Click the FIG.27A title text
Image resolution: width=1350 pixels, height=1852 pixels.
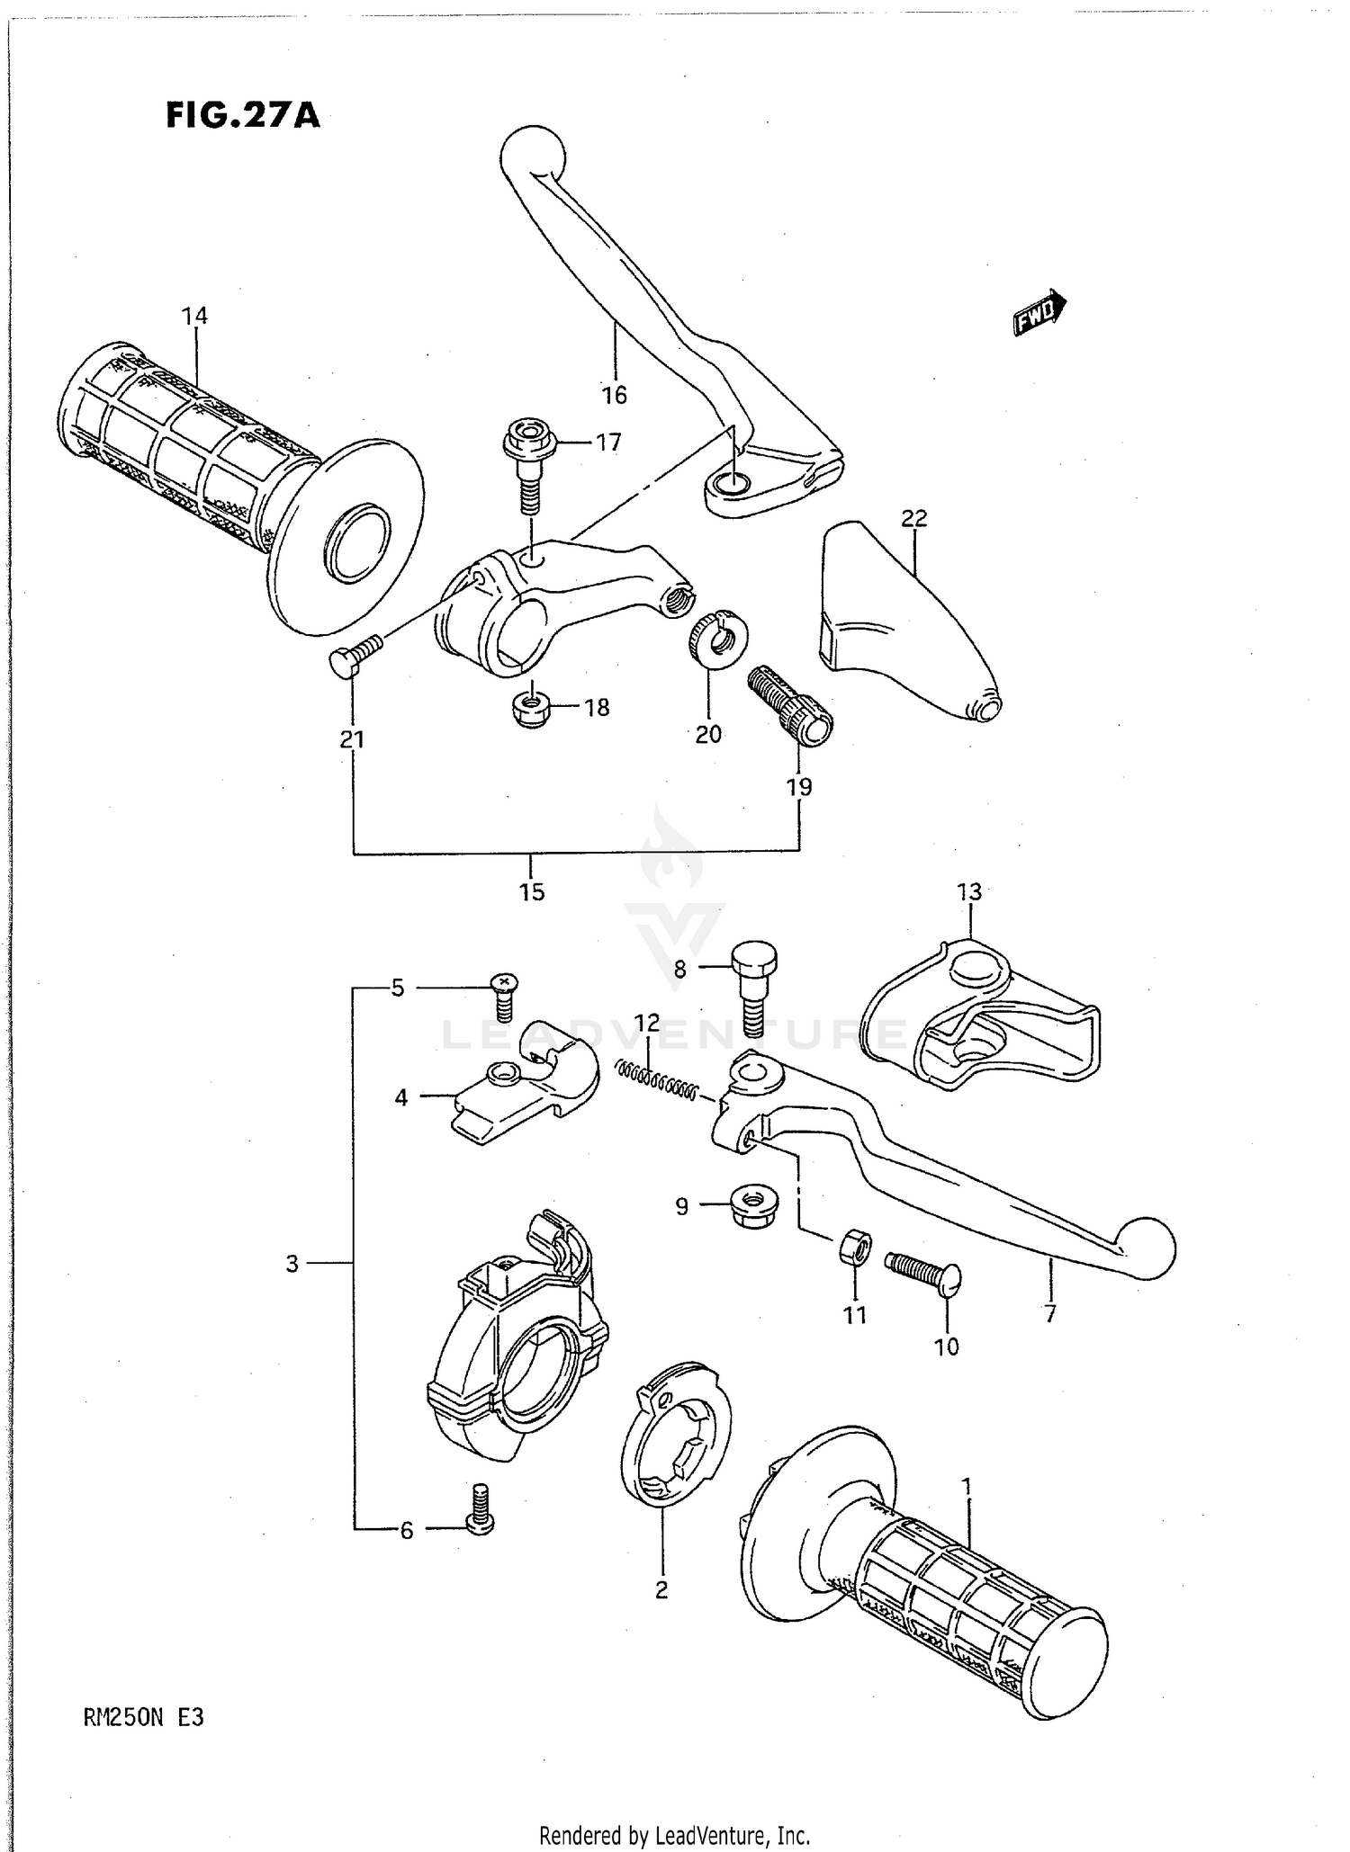click(x=243, y=116)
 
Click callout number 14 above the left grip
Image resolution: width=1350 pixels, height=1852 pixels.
click(x=194, y=316)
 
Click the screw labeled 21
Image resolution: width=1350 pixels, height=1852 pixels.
click(x=357, y=653)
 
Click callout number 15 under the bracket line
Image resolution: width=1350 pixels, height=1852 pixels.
click(x=532, y=892)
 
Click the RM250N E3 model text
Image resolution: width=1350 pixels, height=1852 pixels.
click(x=143, y=1718)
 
